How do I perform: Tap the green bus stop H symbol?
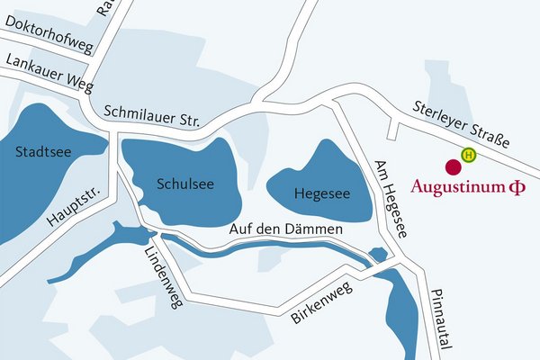pos(468,155)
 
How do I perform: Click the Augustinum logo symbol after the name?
pos(517,188)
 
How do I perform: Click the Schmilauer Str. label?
pos(157,115)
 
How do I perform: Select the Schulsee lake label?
pos(184,184)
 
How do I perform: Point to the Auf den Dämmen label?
pos(287,230)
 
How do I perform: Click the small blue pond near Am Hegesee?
pos(379,256)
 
